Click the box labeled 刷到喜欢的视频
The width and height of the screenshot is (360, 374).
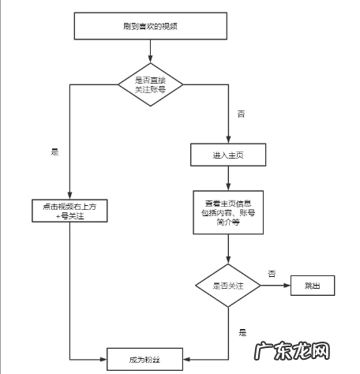[x=150, y=26]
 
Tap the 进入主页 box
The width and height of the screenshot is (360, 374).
[x=228, y=155]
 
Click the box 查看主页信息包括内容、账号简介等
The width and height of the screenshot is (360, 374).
[x=228, y=211]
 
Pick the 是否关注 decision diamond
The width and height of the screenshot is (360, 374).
[x=228, y=285]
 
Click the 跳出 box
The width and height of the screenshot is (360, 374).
[x=314, y=285]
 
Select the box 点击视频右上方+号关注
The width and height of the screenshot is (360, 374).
[x=69, y=211]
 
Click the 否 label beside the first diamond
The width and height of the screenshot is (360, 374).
[x=241, y=114]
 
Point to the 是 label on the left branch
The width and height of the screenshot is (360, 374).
[x=55, y=152]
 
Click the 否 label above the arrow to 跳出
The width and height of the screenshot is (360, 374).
[x=272, y=273]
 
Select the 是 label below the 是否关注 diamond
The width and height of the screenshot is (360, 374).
[x=242, y=333]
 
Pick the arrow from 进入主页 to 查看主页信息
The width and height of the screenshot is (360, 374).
[x=228, y=178]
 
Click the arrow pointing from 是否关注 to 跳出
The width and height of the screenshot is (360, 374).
[x=276, y=285]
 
